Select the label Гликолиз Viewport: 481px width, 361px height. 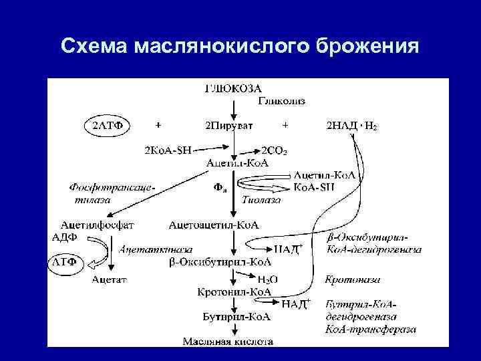click(282, 101)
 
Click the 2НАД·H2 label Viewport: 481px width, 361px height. click(351, 125)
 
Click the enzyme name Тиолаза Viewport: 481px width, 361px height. click(257, 199)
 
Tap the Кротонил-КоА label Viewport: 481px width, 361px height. click(234, 292)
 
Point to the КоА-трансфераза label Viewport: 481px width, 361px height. click(371, 329)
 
